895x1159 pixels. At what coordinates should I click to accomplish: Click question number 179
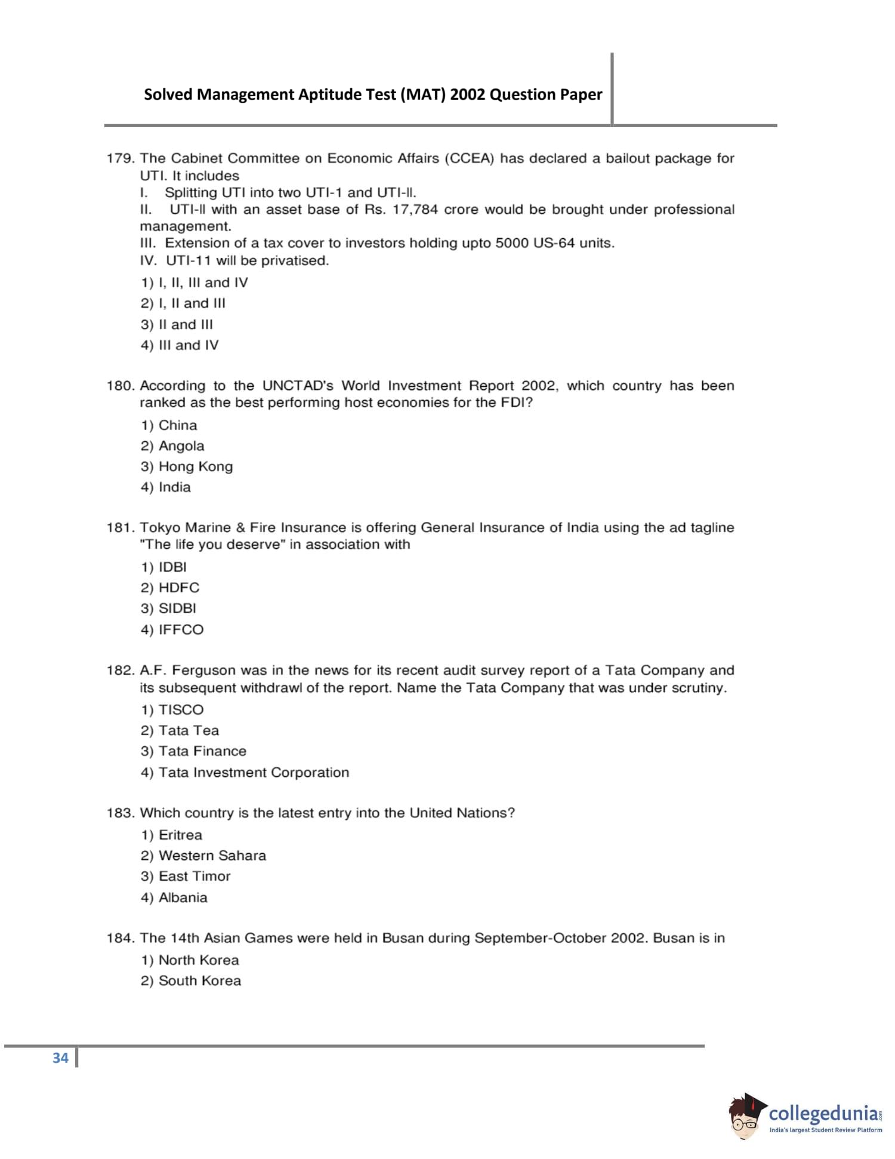(120, 158)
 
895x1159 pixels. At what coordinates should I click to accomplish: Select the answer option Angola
(172, 446)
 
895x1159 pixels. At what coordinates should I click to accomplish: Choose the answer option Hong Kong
(187, 466)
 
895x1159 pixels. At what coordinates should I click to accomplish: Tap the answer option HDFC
(170, 588)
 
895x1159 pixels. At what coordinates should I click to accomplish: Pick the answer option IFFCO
(172, 629)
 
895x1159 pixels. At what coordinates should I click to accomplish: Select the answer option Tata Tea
(180, 730)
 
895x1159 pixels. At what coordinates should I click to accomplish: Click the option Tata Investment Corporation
(245, 772)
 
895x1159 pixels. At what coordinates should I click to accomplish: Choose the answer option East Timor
(186, 876)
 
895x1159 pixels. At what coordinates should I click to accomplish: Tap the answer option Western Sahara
(203, 856)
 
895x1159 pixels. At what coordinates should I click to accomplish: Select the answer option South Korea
(191, 980)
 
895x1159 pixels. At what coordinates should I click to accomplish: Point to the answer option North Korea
(190, 960)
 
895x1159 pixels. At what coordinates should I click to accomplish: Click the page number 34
(60, 1058)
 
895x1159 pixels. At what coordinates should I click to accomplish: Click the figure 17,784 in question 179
(415, 210)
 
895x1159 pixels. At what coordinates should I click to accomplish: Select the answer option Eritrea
(172, 835)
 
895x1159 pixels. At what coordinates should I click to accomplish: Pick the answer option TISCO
(172, 710)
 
